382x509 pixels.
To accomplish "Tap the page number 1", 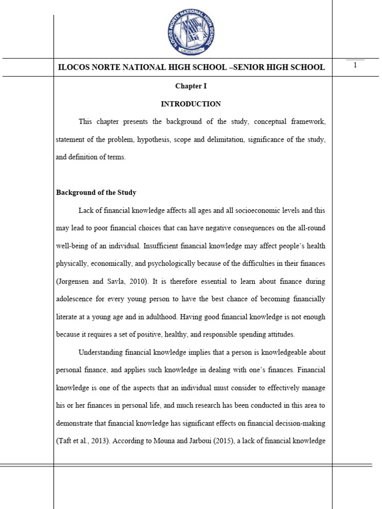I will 355,66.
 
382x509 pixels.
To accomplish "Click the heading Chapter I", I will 191,86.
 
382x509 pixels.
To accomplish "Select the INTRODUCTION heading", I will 191,104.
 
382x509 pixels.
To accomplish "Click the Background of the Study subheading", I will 96,192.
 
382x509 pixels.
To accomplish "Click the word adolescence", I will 75,299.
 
